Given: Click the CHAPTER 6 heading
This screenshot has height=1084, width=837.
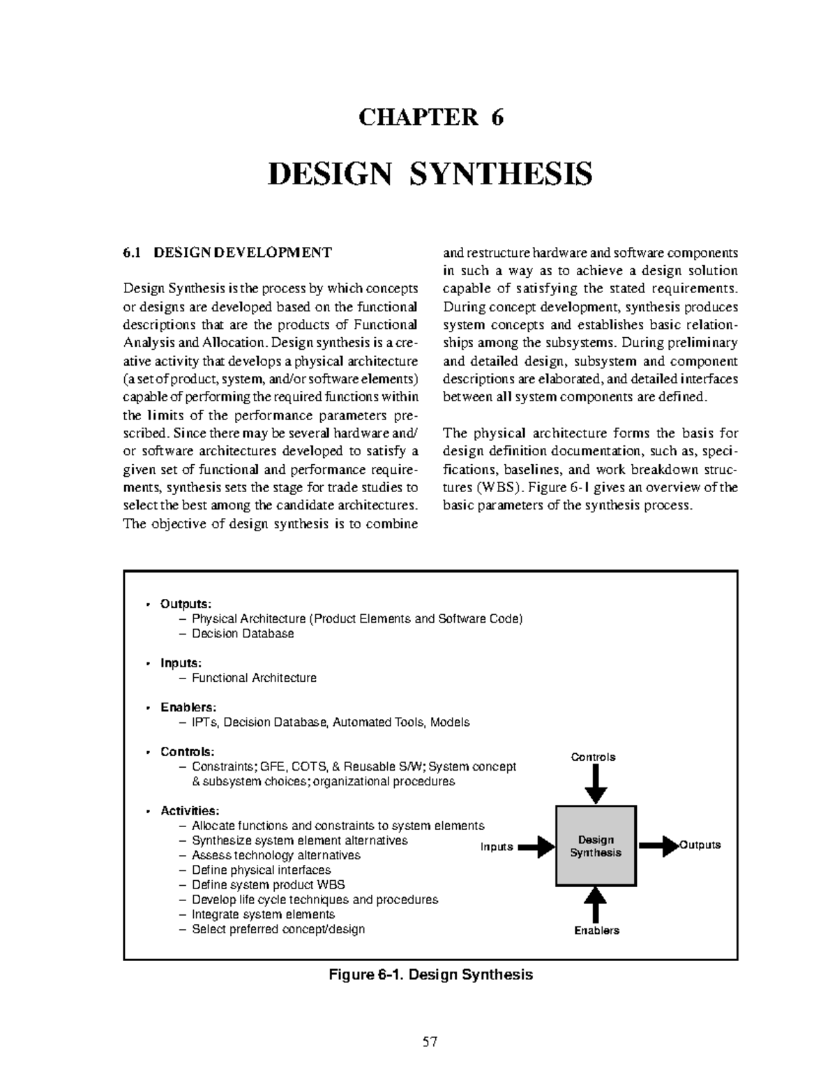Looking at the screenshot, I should click(430, 117).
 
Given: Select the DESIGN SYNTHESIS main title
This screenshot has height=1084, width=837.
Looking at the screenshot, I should click(430, 173).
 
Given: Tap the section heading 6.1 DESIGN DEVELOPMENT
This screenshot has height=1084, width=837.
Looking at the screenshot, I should click(227, 252).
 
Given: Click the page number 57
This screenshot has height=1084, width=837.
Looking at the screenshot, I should click(430, 1042).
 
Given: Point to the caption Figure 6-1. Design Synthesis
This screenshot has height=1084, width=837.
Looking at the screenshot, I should click(430, 974).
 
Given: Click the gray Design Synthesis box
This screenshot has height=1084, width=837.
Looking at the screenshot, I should click(596, 846).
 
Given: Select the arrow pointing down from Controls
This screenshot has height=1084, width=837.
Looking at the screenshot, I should click(595, 785).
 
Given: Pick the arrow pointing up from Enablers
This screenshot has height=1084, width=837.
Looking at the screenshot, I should click(595, 905).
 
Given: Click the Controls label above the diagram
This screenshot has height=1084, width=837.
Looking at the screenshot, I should click(593, 757).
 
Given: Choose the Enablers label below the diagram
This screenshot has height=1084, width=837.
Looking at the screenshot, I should click(596, 930).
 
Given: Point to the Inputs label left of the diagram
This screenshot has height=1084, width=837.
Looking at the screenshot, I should click(497, 847).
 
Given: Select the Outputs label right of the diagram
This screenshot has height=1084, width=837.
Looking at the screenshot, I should click(700, 845).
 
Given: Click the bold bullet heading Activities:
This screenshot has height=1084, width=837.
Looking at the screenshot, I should click(190, 811).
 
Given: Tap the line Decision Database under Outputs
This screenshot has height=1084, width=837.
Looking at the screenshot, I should click(243, 634).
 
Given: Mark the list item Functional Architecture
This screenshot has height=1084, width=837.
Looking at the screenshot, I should click(254, 678).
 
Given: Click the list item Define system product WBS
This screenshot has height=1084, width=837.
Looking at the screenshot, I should click(269, 885).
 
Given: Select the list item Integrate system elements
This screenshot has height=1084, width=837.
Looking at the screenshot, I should click(263, 914).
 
